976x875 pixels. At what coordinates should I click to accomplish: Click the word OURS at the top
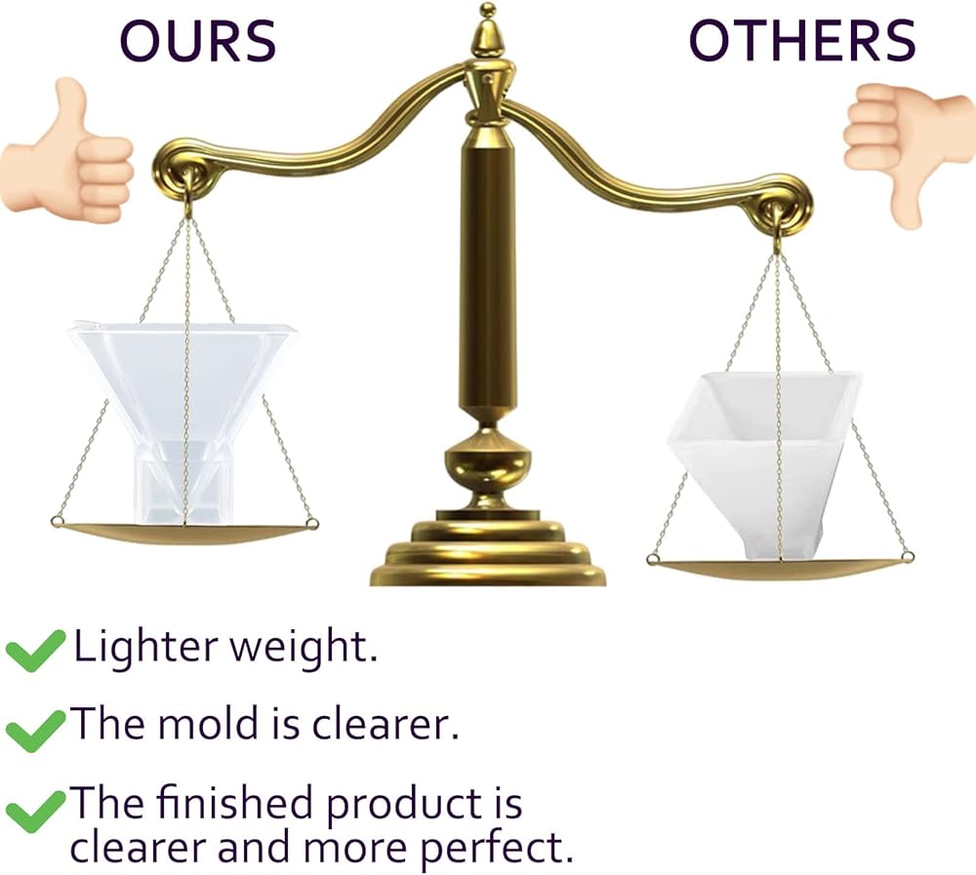[197, 40]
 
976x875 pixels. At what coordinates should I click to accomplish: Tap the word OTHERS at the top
[802, 40]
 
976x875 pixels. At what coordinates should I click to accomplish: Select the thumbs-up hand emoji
[66, 152]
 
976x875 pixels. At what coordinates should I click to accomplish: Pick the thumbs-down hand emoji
[910, 152]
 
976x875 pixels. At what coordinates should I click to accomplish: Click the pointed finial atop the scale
[488, 31]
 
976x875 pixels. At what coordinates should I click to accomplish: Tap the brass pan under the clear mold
[184, 533]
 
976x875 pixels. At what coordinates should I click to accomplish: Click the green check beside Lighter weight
[35, 651]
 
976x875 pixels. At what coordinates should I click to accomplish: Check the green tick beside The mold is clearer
[35, 731]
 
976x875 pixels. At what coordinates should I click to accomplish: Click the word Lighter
[145, 647]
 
